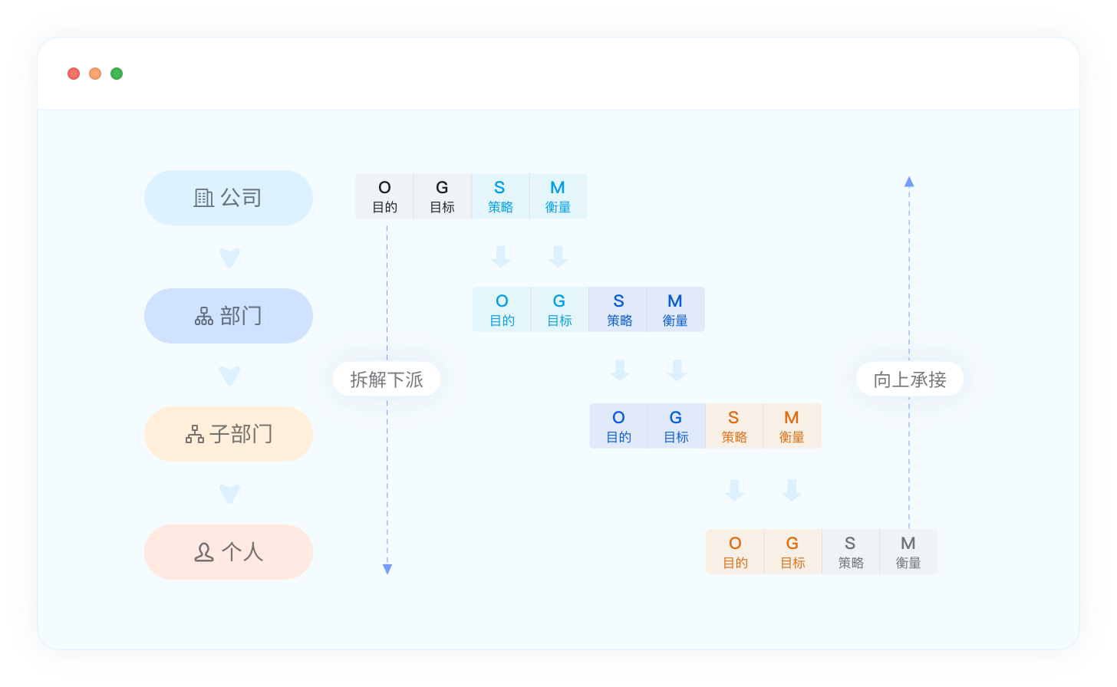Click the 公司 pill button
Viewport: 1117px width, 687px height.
[x=229, y=198]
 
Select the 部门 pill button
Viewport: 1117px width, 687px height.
[x=229, y=316]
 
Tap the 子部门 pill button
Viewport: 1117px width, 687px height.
[x=229, y=434]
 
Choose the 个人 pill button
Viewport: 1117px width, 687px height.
[x=229, y=552]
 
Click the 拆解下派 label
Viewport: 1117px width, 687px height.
[x=387, y=380]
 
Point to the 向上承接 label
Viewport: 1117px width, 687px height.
[x=910, y=380]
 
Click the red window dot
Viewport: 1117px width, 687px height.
[x=74, y=74]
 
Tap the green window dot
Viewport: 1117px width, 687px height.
[x=117, y=74]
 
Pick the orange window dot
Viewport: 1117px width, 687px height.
[x=95, y=74]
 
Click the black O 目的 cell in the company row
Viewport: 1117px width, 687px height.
[x=384, y=196]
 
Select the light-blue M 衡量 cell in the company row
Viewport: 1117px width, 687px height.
[x=558, y=196]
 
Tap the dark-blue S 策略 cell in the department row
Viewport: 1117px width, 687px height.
[x=618, y=310]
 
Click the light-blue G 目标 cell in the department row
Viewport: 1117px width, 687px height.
[x=559, y=310]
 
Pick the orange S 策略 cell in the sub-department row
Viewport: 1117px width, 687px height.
[x=734, y=426]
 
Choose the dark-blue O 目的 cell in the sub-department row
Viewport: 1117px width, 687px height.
[x=618, y=426]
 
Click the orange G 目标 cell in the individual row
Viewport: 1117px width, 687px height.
[x=792, y=552]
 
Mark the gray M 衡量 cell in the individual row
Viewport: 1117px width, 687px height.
[x=908, y=552]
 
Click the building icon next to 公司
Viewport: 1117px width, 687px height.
[x=203, y=198]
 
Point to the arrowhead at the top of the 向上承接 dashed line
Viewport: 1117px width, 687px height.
[x=909, y=182]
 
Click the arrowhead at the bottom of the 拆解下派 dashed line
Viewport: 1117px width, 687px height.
[x=387, y=569]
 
